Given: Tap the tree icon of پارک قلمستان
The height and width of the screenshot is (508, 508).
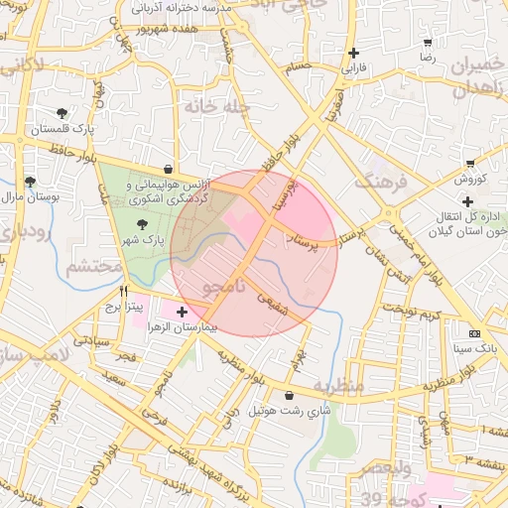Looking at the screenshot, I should point(63,113).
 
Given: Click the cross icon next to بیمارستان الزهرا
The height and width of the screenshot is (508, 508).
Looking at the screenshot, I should point(181,313).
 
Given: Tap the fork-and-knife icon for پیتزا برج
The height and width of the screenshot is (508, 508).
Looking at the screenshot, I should point(124,292).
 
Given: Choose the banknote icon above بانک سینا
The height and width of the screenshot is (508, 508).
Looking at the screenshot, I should point(474,333).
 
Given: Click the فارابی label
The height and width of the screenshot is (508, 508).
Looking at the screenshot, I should point(354,69).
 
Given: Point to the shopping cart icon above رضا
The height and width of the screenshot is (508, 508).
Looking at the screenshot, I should point(428,43).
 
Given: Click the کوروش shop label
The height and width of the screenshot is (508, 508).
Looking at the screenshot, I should point(468,180).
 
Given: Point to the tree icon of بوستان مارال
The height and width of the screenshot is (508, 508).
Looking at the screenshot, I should point(30,182).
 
